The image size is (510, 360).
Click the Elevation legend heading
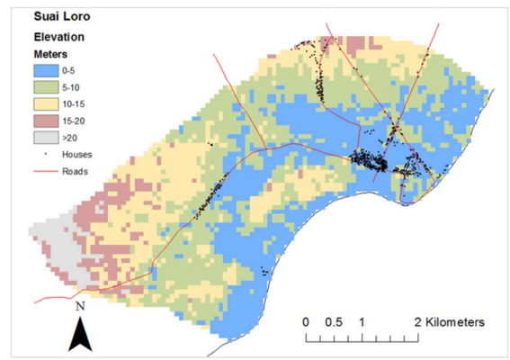[58, 38]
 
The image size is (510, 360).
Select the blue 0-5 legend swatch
[49, 69]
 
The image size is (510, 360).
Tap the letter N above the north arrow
[81, 307]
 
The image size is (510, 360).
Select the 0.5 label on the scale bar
[333, 321]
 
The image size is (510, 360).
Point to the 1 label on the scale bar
[361, 321]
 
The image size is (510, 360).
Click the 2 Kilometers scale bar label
[450, 321]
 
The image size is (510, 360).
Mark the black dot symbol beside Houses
[49, 154]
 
